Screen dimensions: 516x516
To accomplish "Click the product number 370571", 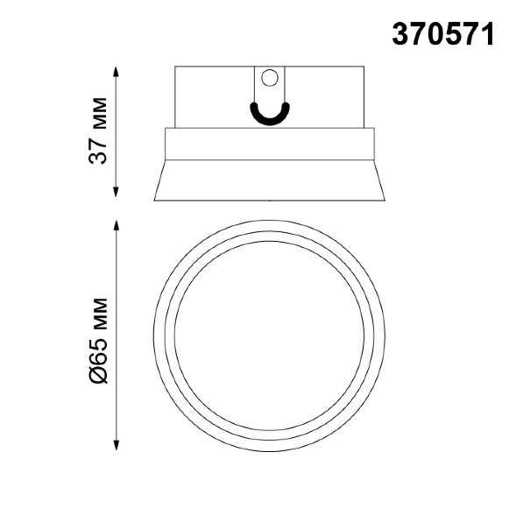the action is (x=443, y=34).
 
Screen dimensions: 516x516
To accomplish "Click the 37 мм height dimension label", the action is (x=98, y=131).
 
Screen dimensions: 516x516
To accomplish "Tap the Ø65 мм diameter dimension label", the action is (x=98, y=341).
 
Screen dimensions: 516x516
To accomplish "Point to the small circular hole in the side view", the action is (x=270, y=78).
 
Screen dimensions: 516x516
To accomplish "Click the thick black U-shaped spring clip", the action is (x=270, y=115).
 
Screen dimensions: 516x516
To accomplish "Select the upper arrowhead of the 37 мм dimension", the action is (x=116, y=72).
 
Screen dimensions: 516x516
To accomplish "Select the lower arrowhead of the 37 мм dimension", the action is (x=116, y=192).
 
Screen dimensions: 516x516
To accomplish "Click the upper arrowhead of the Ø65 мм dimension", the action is (x=116, y=226).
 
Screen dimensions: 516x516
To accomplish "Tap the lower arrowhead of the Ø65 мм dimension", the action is (x=116, y=444).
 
